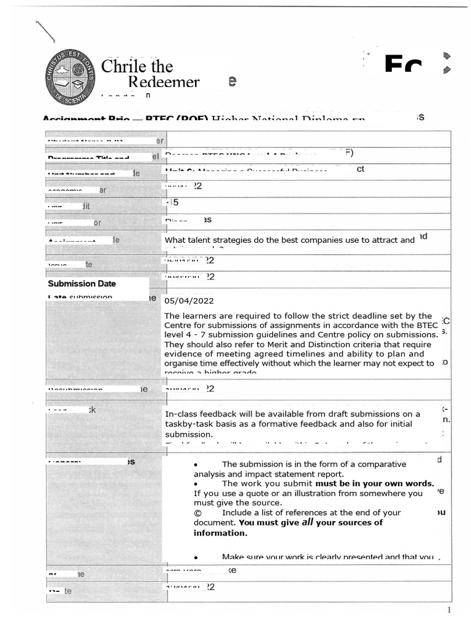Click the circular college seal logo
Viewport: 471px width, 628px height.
coord(69,77)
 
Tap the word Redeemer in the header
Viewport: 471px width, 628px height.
coord(164,82)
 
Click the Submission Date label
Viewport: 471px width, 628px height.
coord(82,284)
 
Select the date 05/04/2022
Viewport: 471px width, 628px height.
coord(189,301)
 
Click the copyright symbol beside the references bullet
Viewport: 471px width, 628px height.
coord(197,513)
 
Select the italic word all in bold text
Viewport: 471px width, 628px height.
coord(308,523)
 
